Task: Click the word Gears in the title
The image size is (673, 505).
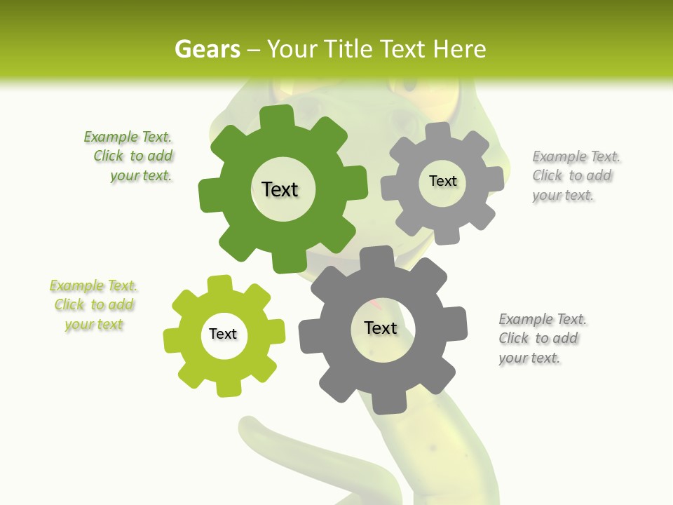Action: click(x=207, y=49)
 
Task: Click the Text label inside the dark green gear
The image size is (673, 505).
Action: click(x=280, y=189)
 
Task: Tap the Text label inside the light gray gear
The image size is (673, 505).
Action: click(x=442, y=181)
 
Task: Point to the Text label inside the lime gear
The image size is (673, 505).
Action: click(x=223, y=334)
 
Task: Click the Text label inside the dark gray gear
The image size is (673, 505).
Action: click(x=381, y=328)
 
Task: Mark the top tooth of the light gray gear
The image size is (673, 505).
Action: click(x=437, y=130)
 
